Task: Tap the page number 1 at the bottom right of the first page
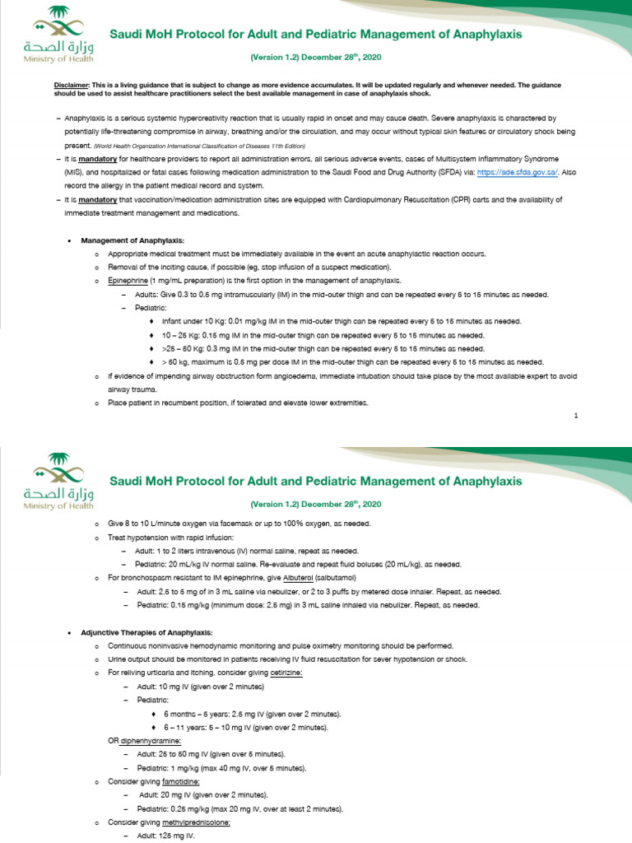[576, 416]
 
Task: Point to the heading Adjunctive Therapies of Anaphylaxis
[146, 631]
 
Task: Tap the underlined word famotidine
[175, 780]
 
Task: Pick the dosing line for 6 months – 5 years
[252, 713]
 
